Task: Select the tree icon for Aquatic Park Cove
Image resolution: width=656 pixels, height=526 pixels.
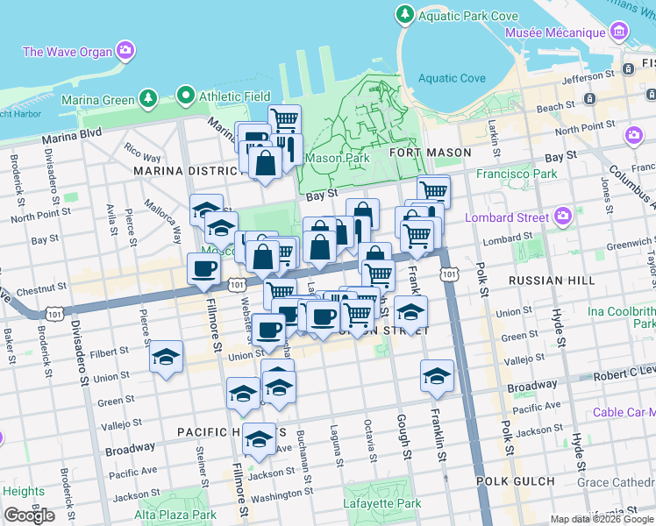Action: [x=404, y=15]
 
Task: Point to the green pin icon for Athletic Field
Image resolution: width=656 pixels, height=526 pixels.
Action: [x=185, y=95]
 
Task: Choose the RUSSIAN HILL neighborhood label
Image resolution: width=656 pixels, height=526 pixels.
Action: [x=552, y=281]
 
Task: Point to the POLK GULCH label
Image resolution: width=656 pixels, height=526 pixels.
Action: [x=516, y=481]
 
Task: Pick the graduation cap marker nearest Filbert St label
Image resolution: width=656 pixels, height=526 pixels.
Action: [x=166, y=358]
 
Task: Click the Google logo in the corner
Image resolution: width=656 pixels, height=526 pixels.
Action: [x=29, y=515]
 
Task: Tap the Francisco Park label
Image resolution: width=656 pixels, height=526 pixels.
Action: [x=517, y=174]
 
